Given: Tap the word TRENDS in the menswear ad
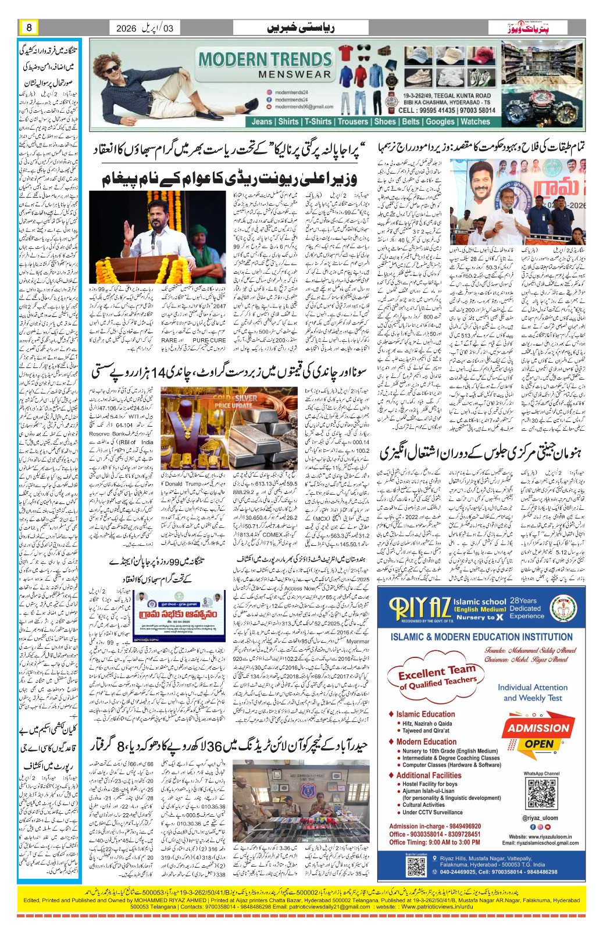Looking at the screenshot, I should tap(299, 59).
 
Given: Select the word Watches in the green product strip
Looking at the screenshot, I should tap(475, 121).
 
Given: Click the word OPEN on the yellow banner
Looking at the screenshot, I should tap(539, 744).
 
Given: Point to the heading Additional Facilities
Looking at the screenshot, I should tap(429, 775).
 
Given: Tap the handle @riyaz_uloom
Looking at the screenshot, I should tap(540, 818).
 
